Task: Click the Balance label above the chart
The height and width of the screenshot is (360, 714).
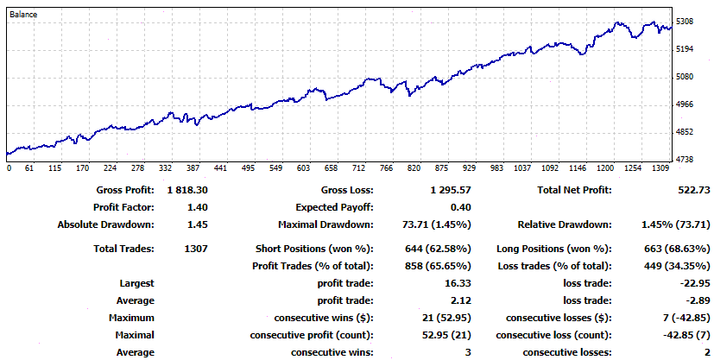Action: [x=23, y=15]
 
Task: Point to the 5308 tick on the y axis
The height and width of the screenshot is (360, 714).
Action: [x=686, y=22]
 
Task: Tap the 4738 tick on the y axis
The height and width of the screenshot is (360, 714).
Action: [x=686, y=160]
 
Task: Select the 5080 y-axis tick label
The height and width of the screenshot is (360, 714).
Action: [x=686, y=77]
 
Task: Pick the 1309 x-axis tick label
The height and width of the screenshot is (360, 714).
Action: [x=660, y=168]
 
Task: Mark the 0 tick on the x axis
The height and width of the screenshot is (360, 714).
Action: [x=8, y=168]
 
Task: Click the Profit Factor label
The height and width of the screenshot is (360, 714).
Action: [x=123, y=207]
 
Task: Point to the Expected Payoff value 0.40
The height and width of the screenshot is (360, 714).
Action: [x=460, y=207]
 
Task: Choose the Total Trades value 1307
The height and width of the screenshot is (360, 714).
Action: [x=194, y=249]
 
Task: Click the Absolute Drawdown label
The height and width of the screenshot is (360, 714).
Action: [x=105, y=224]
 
